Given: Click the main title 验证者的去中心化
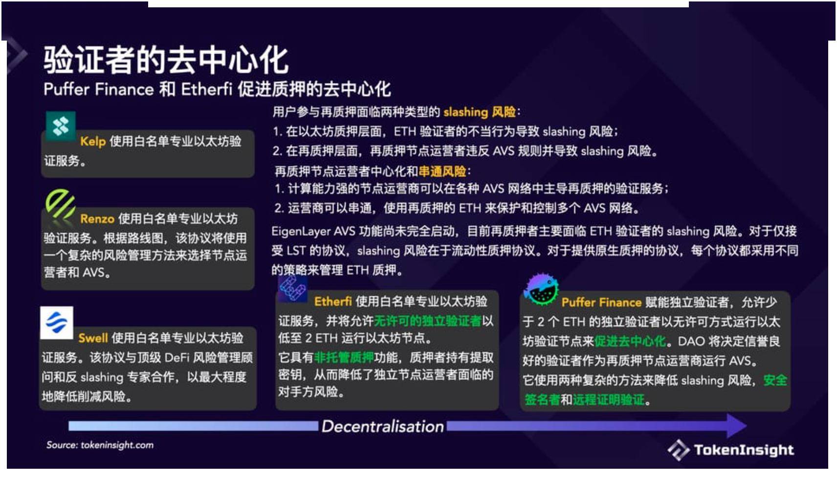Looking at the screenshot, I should point(166,60).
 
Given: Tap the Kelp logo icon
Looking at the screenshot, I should point(61,126).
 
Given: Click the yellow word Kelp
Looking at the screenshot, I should point(93,142).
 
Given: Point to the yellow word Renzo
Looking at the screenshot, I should point(97,218).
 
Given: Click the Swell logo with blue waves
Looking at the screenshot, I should point(57,323).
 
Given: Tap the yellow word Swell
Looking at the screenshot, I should point(93,338).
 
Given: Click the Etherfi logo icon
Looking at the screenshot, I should point(292,288).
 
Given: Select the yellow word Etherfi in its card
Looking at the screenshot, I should point(333,302).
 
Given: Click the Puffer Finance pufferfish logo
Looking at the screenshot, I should point(541,289).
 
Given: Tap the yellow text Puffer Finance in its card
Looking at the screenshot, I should point(601,303).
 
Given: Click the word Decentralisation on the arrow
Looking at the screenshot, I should point(382,426).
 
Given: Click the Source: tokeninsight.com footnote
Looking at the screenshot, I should point(100,445).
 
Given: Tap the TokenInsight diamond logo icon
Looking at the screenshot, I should point(678,449).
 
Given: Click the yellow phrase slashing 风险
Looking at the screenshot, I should point(479,112).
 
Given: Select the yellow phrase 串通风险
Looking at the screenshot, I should point(442,172).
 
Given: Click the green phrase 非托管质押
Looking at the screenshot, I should point(344,358).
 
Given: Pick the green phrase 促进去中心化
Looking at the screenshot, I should point(630,341).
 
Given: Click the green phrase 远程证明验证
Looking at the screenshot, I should point(609,400).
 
